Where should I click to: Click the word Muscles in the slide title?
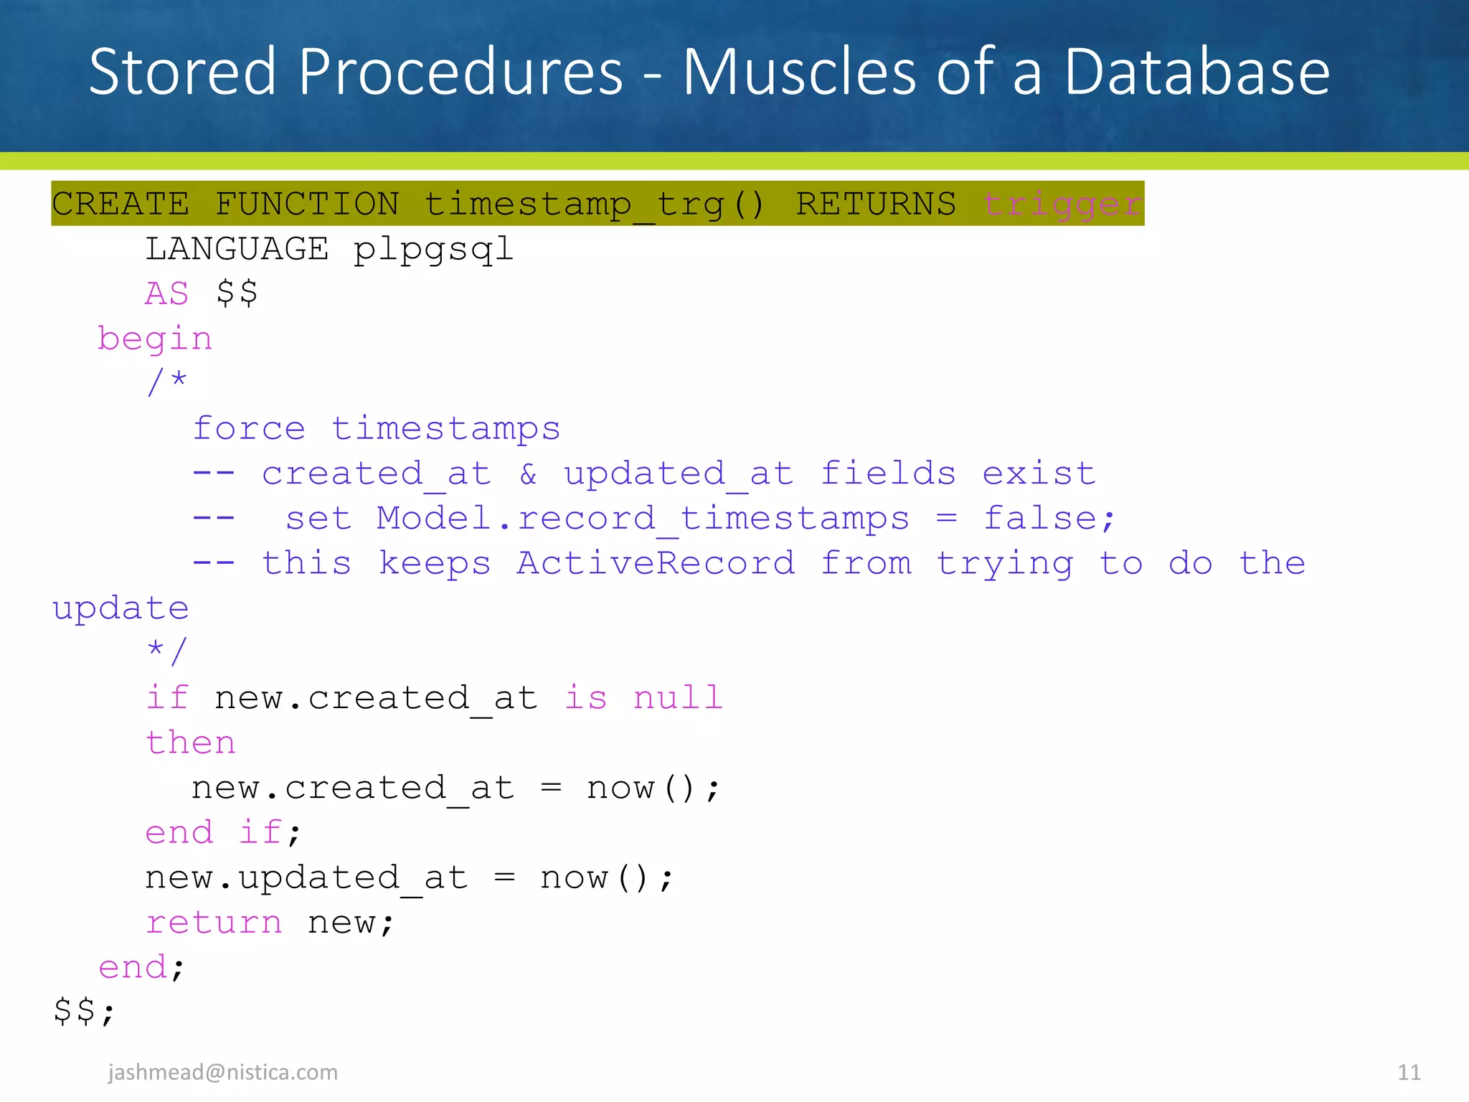pos(798,72)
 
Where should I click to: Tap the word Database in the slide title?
pos(1196,72)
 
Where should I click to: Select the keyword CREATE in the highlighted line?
pos(121,204)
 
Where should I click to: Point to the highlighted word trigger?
pos(1062,204)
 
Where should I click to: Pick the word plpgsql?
pos(433,250)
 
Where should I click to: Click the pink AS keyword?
pos(166,294)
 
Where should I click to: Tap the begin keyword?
pos(155,339)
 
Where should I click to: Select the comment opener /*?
pos(166,382)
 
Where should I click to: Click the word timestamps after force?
pos(445,429)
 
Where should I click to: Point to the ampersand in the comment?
pos(528,474)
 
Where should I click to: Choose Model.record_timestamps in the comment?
pos(643,519)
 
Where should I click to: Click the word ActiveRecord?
pos(656,563)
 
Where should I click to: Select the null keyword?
pos(678,698)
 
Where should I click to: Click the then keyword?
pos(191,743)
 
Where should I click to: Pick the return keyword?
pos(214,923)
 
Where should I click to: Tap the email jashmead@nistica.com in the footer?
pos(223,1072)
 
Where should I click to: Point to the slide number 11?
pos(1409,1072)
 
